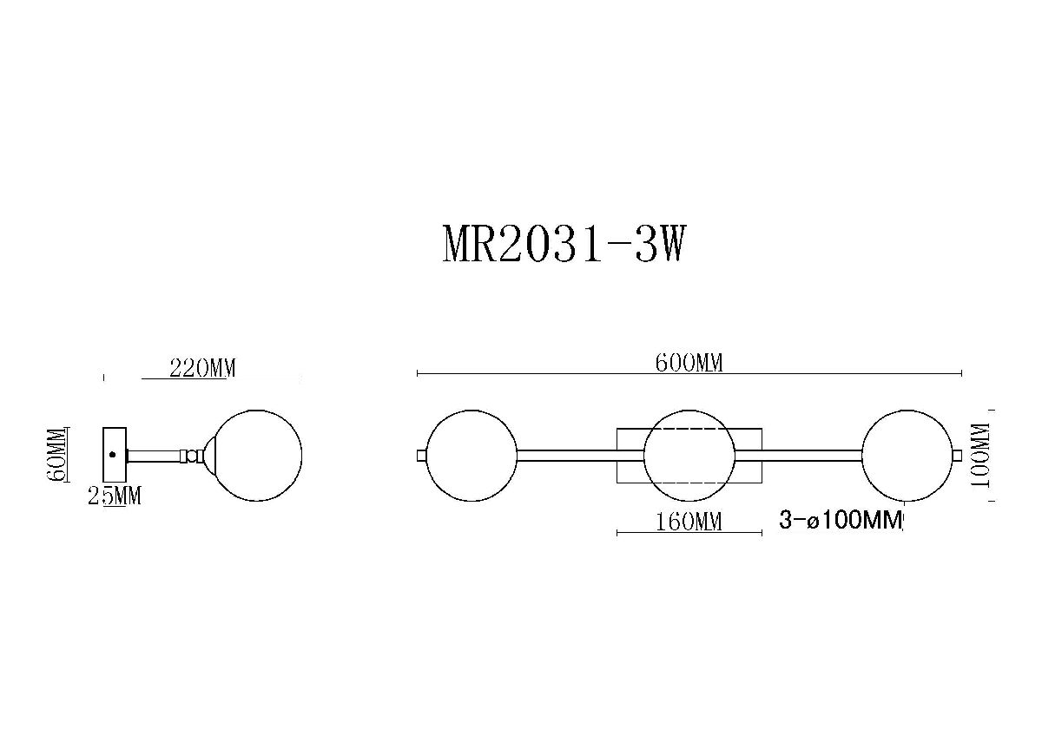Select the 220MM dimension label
[202, 368]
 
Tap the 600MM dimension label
[689, 364]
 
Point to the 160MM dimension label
[689, 522]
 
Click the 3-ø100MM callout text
[841, 521]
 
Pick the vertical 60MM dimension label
[57, 459]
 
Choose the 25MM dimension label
[115, 496]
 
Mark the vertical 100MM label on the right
[981, 457]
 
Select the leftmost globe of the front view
[472, 456]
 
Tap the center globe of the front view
[689, 456]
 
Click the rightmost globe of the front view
[907, 456]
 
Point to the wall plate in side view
[115, 455]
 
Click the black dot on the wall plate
[112, 454]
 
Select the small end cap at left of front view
[421, 456]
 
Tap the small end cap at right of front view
[957, 456]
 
